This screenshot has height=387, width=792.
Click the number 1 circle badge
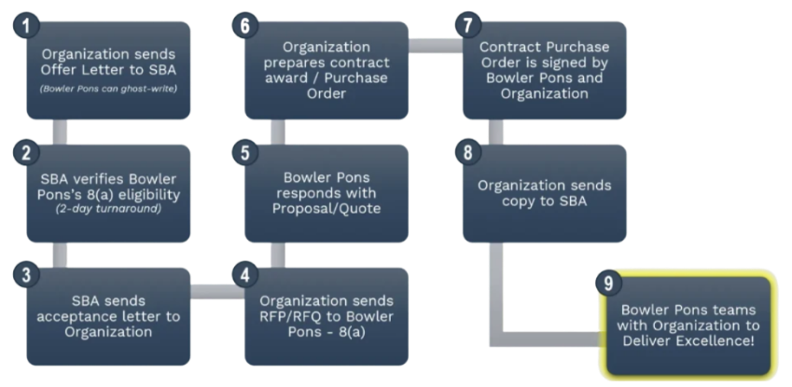point(30,25)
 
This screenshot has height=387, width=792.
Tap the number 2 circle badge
point(29,152)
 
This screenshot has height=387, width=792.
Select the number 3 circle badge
point(29,277)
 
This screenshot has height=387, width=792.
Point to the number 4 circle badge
point(244,277)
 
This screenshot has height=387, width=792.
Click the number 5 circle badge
point(244,152)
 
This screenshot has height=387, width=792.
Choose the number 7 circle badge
point(463,25)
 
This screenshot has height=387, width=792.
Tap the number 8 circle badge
point(463,152)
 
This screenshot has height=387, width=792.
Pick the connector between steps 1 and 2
point(62,131)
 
